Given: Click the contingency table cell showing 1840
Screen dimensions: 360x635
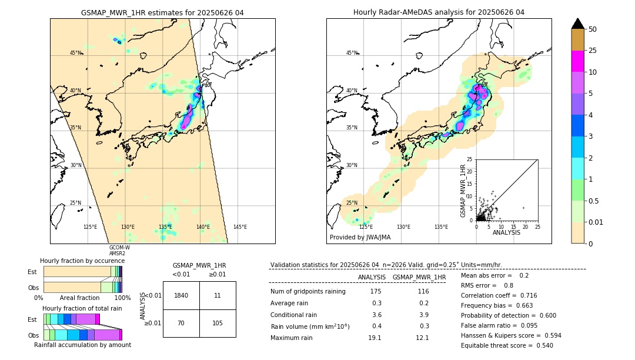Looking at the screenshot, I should (x=181, y=295).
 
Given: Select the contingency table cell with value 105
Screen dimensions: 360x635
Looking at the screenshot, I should (x=218, y=323).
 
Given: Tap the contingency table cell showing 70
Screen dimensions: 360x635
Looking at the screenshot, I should (x=181, y=323).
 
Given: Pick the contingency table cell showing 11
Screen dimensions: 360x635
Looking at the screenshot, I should (x=218, y=295).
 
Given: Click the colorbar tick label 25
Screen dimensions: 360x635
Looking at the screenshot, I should (x=593, y=51).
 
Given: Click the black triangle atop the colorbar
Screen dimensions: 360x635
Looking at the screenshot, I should (x=578, y=24).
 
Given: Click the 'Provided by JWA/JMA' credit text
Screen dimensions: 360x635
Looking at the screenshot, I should (x=360, y=238).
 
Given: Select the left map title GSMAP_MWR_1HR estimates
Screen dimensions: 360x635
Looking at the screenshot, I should (x=162, y=12).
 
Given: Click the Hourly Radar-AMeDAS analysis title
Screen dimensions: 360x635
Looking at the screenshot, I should (x=439, y=12).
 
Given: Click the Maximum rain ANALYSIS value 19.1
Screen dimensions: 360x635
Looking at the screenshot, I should (x=375, y=338).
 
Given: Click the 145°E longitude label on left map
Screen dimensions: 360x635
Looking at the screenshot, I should (x=240, y=227).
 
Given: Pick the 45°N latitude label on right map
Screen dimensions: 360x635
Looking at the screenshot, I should (x=352, y=53).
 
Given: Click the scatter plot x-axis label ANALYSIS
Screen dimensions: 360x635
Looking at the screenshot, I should (x=506, y=232).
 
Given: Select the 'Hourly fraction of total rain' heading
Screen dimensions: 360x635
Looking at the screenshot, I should (x=82, y=308).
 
